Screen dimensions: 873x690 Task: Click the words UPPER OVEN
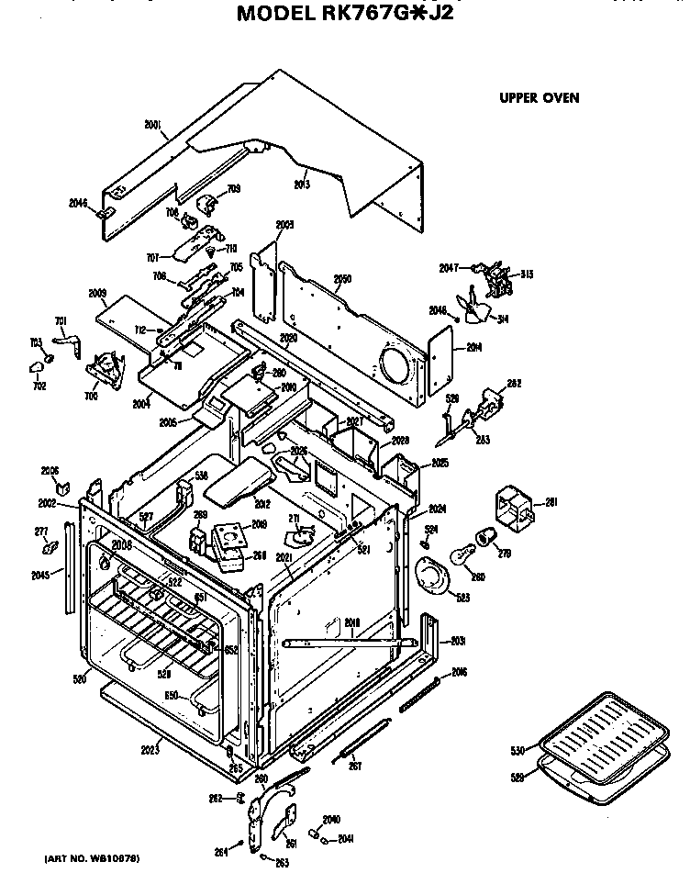tap(539, 98)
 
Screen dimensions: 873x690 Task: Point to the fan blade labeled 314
tap(477, 312)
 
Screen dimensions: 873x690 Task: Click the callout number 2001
tap(153, 125)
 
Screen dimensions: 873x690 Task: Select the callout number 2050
tap(342, 279)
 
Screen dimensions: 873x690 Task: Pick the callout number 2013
tap(302, 185)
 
